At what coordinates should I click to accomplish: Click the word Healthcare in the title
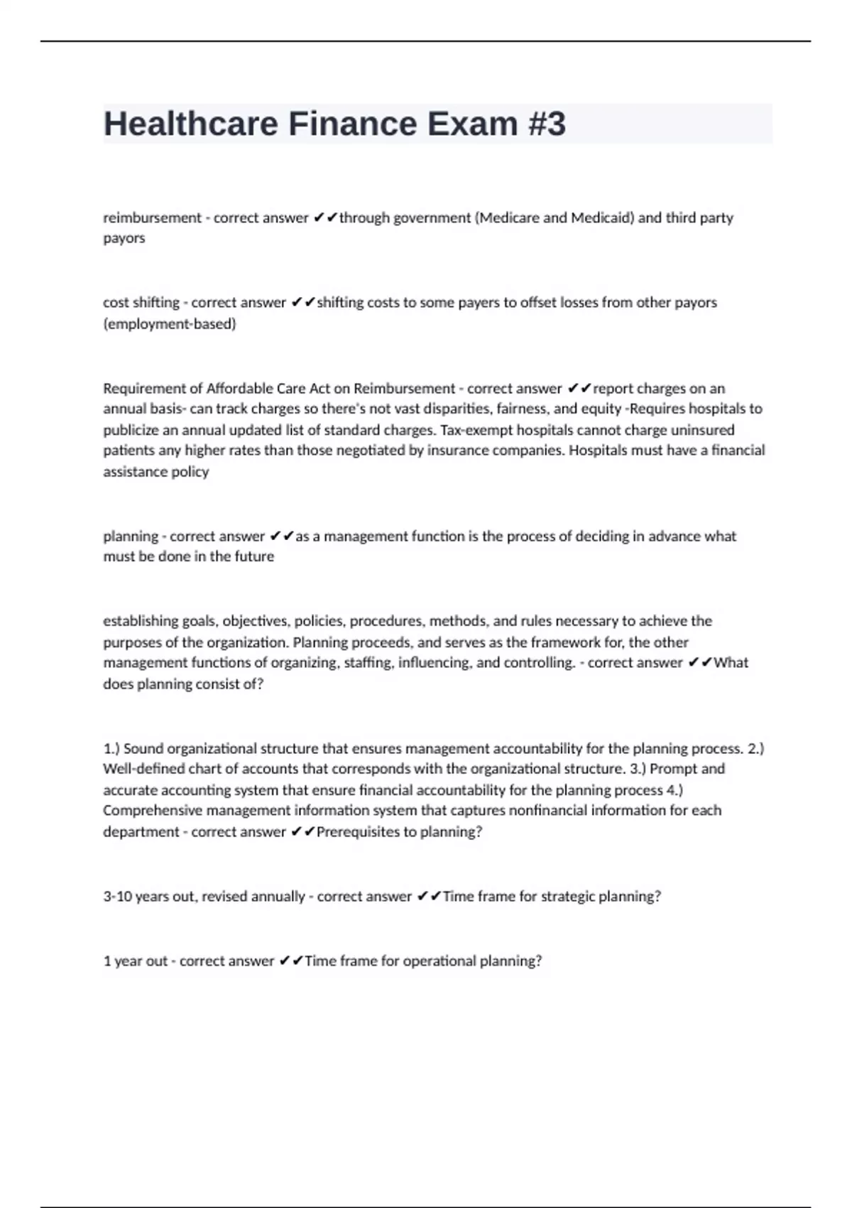click(x=191, y=124)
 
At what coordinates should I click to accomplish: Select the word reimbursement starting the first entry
click(x=152, y=217)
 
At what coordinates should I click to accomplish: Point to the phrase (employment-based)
click(x=169, y=324)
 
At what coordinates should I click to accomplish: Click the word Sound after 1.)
click(x=143, y=748)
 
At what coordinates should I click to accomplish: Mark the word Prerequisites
click(x=358, y=832)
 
